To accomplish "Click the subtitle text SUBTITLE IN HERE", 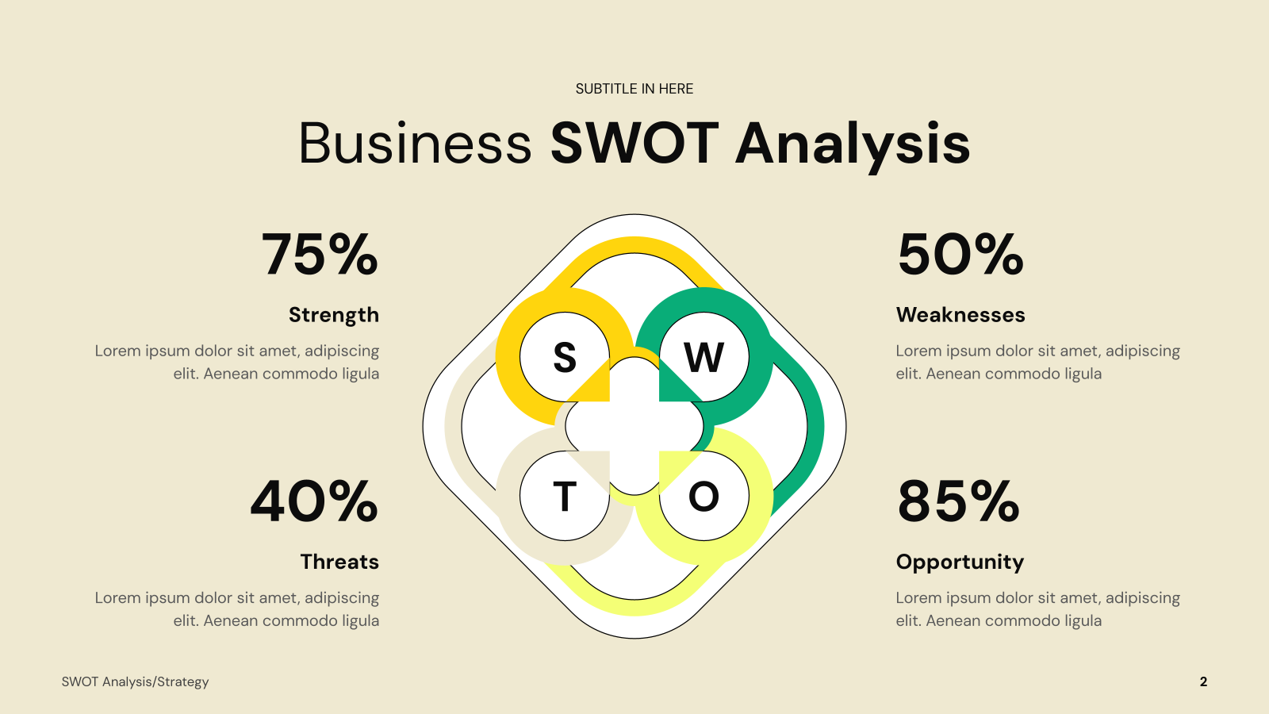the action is (634, 89).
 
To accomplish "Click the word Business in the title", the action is (416, 144).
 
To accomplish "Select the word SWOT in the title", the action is (634, 143).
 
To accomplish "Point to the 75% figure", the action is (320, 254).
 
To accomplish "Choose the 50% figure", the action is (960, 254).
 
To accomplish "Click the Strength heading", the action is (334, 315).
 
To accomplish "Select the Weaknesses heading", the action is (960, 314).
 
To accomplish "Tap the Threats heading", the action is (339, 562).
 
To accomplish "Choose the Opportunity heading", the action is (960, 562).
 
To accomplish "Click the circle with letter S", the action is (564, 357).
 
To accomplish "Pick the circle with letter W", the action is (704, 357).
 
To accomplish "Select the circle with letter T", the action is (564, 496).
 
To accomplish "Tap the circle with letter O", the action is (704, 496).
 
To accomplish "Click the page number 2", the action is (1203, 681).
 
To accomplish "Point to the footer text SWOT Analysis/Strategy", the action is (135, 681).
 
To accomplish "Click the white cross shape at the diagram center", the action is (634, 426).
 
